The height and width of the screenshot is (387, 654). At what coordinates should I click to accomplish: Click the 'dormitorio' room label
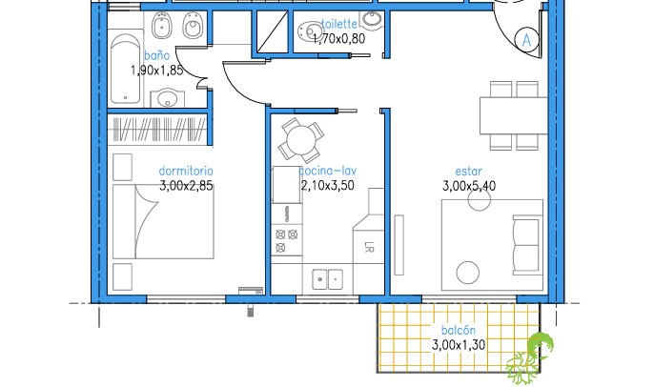click(x=186, y=171)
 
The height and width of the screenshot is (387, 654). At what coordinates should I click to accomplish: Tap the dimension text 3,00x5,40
click(x=469, y=186)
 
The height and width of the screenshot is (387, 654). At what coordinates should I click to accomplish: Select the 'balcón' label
click(x=459, y=330)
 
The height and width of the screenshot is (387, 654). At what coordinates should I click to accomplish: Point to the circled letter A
click(x=527, y=40)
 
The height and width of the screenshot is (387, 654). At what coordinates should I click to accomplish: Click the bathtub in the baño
click(x=126, y=69)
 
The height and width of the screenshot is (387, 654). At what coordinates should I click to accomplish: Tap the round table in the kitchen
click(x=301, y=140)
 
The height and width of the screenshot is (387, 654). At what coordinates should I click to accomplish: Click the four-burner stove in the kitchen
click(x=287, y=240)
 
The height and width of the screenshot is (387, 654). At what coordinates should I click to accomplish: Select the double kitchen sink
click(x=328, y=279)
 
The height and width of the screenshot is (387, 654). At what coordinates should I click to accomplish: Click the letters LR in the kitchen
click(x=369, y=248)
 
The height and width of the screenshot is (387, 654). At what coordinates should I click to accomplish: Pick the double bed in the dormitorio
click(x=163, y=221)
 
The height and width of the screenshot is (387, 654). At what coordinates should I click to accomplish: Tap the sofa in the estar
click(x=527, y=245)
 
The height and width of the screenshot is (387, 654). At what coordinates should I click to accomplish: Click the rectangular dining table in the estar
click(x=514, y=115)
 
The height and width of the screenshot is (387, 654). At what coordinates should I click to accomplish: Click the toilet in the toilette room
click(x=311, y=31)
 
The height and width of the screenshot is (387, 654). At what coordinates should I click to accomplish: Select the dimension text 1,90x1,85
click(x=157, y=71)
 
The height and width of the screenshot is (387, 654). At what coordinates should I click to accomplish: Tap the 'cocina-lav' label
click(x=328, y=171)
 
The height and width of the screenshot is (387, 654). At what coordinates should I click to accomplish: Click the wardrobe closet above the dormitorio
click(x=157, y=130)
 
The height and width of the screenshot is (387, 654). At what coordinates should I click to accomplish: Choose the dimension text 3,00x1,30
click(x=459, y=345)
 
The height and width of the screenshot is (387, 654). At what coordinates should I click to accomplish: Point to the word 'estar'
click(x=469, y=171)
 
